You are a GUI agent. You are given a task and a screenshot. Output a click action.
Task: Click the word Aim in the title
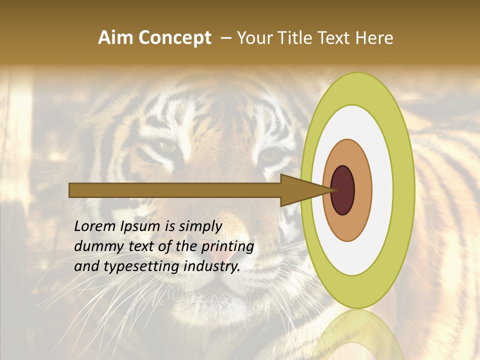click(x=113, y=38)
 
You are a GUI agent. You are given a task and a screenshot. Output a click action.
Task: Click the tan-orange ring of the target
click(x=362, y=190)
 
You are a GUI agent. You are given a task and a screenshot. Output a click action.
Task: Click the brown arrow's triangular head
click(x=300, y=190)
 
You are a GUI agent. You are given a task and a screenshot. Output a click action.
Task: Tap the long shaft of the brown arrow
click(x=175, y=190)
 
